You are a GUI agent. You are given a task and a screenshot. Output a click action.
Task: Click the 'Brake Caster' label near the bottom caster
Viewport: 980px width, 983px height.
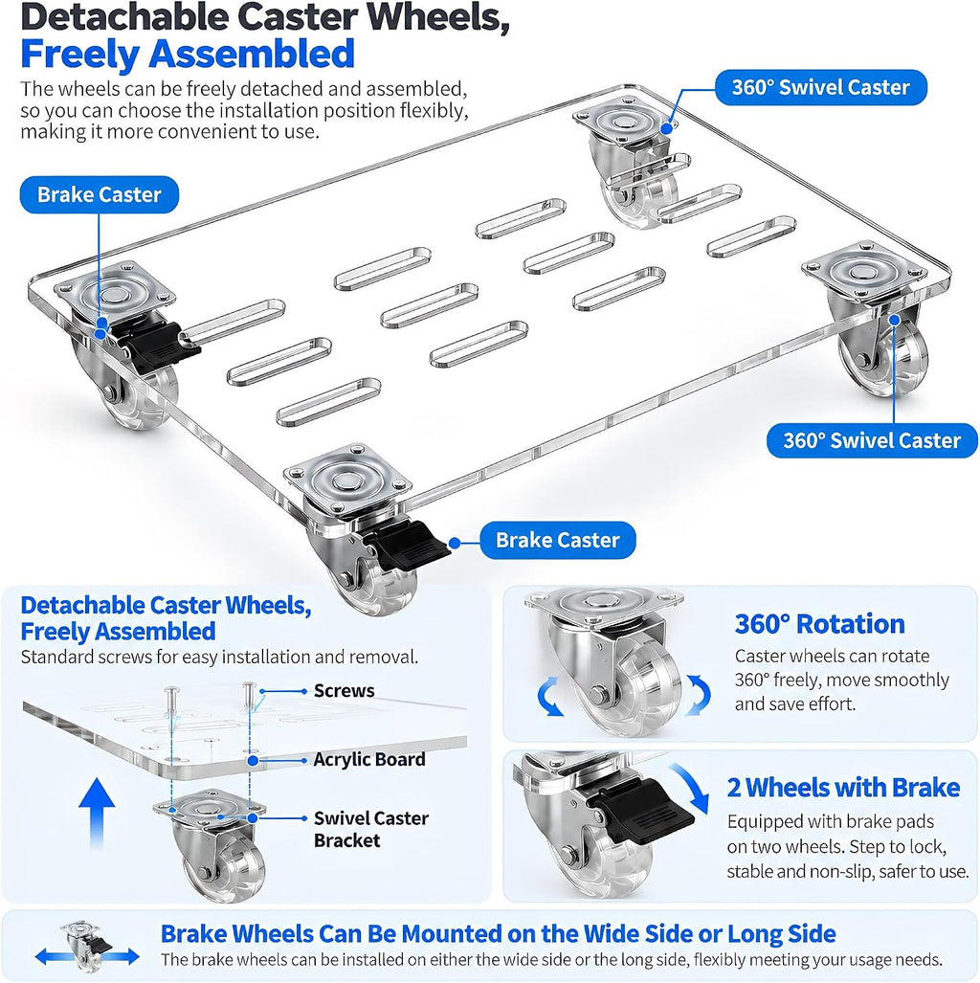click(557, 541)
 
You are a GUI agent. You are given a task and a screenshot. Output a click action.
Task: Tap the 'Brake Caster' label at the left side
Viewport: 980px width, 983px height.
click(100, 194)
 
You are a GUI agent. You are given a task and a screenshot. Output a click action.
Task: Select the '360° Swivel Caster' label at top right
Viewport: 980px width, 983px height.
click(820, 87)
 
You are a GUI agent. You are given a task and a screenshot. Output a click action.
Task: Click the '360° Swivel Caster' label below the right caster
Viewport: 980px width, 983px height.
click(872, 440)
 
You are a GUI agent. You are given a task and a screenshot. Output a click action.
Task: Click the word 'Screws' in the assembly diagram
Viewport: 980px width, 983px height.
click(344, 691)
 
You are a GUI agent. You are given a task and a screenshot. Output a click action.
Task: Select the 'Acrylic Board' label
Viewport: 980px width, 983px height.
click(368, 760)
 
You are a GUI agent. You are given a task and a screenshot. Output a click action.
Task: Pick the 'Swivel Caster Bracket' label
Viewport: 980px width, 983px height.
click(370, 829)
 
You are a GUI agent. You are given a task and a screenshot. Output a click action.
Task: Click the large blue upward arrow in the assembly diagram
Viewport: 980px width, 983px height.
click(97, 813)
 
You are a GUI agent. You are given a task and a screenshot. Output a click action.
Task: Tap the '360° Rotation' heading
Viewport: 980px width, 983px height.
click(819, 624)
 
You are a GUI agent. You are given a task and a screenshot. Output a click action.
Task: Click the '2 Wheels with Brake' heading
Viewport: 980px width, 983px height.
click(843, 788)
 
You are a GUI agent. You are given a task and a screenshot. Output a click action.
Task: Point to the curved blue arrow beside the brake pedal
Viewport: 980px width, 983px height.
click(693, 785)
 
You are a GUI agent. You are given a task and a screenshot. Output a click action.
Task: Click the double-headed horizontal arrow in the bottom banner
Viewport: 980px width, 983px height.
click(86, 956)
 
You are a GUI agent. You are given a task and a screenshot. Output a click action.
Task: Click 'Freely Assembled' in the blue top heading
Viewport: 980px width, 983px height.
click(188, 54)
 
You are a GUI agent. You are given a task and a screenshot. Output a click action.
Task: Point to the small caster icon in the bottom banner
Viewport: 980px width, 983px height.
click(86, 946)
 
